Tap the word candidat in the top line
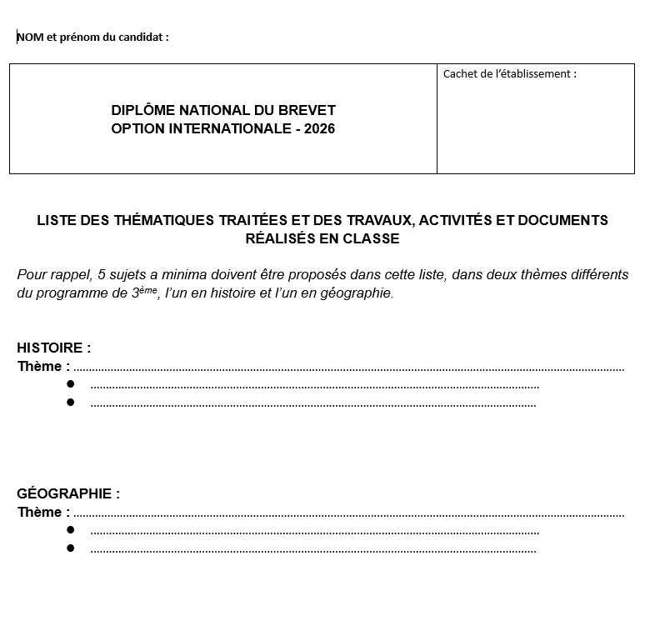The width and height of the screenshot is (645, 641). tap(140, 37)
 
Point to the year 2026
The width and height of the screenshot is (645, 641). tap(320, 128)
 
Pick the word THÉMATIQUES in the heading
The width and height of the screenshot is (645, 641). tap(157, 220)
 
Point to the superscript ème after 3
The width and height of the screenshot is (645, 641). tap(148, 289)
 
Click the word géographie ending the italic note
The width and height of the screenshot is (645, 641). tap(358, 293)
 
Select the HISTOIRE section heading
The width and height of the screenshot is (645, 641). tap(51, 348)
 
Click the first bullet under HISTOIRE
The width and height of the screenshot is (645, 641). tap(71, 384)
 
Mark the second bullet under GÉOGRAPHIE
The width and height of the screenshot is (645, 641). tap(71, 548)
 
